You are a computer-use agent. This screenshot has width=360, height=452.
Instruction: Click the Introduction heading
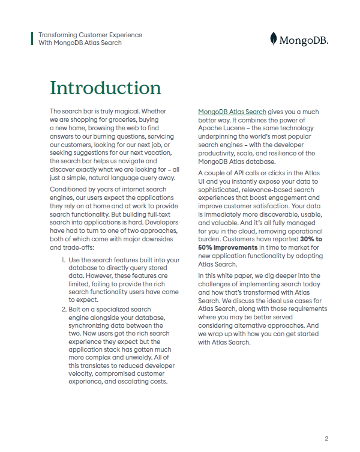coord(106,88)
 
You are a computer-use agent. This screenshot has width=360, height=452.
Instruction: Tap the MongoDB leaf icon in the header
coord(274,39)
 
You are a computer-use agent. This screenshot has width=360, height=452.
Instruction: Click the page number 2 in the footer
coord(326,438)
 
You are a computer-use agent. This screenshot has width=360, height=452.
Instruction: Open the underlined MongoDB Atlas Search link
coord(232,112)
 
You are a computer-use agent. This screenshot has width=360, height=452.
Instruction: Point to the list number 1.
coord(64,259)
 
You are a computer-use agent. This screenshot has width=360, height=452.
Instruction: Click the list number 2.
coord(64,309)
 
